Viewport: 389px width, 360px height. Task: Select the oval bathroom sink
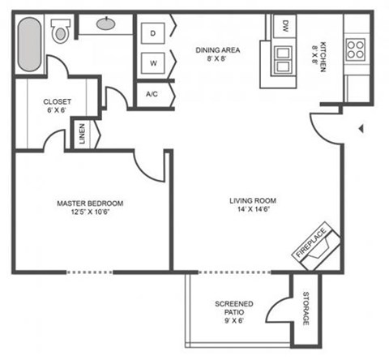click(105, 24)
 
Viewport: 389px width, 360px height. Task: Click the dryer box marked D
click(152, 33)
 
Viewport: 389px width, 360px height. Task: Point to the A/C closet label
click(152, 94)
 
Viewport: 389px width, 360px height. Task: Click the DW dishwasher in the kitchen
click(285, 26)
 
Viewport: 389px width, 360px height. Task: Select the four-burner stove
click(355, 50)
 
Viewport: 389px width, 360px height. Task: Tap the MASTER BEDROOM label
click(89, 208)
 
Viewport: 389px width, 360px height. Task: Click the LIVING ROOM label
click(253, 204)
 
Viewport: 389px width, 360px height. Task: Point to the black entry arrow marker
click(361, 127)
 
